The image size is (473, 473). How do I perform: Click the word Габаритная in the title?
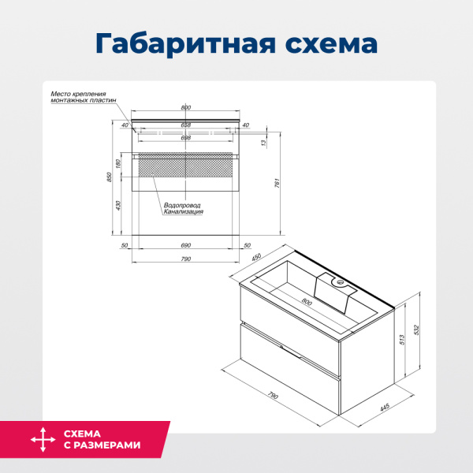click(x=181, y=43)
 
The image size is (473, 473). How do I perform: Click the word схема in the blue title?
click(x=326, y=43)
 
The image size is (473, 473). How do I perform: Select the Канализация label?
click(x=184, y=212)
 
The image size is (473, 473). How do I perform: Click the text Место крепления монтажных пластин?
click(x=79, y=97)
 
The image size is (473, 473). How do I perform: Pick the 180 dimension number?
click(x=119, y=164)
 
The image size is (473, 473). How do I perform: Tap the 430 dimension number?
click(x=119, y=204)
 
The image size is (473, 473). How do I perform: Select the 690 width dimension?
click(x=186, y=247)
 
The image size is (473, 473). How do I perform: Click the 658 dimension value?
click(x=186, y=125)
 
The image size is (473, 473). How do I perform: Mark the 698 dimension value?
click(x=186, y=138)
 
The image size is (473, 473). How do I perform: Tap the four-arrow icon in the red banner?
click(x=42, y=440)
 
